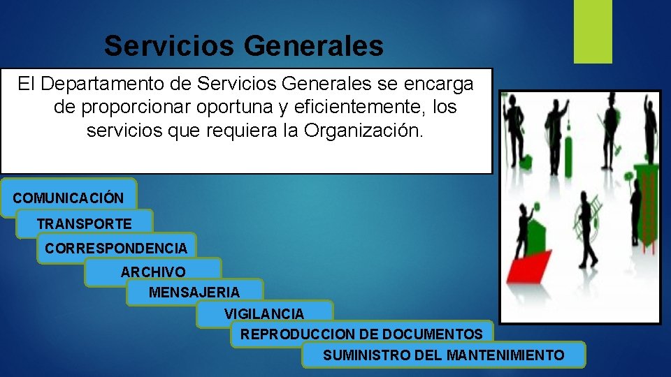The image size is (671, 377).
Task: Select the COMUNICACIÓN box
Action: tap(68, 198)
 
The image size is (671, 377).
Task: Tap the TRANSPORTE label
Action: tap(85, 224)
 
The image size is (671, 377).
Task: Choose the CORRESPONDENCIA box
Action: tap(116, 248)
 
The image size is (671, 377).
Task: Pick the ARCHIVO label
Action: tap(154, 272)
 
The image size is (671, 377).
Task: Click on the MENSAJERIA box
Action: tap(194, 292)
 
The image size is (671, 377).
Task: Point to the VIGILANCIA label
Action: tap(264, 314)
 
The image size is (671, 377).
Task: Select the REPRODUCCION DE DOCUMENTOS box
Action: tap(361, 334)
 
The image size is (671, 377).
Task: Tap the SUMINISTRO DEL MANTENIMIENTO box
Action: tap(444, 355)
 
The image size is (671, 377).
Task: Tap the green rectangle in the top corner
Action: tap(593, 31)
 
